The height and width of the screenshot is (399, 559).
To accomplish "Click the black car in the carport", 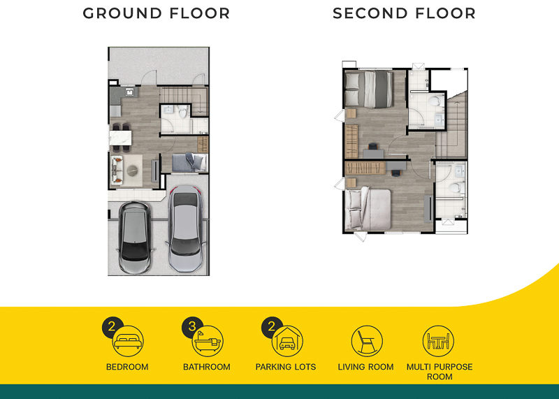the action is click(135, 237).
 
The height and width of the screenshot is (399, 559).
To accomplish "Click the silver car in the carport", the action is click(186, 228).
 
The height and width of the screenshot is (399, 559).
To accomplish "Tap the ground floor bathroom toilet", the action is click(182, 112).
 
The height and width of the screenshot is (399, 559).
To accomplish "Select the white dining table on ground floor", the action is click(120, 138).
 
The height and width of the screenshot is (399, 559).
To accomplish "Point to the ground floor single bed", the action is click(189, 163).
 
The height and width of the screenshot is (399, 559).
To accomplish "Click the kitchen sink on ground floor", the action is click(129, 92).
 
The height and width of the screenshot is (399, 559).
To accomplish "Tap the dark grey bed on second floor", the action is click(369, 89).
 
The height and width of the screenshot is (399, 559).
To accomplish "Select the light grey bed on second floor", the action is click(368, 209).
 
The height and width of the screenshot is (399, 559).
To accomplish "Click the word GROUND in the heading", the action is click(122, 13).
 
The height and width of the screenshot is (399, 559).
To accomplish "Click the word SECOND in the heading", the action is click(370, 13).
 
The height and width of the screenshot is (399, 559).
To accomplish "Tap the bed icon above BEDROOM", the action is click(128, 341).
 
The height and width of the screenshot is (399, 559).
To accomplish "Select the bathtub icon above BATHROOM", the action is click(208, 341).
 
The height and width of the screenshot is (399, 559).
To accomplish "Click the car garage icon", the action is click(287, 341).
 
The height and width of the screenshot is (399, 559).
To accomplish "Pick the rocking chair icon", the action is click(367, 341).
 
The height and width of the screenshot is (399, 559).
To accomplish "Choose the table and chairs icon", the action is click(438, 341).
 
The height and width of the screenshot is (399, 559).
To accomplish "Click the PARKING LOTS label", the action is click(286, 367).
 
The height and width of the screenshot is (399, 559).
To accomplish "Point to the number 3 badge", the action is click(191, 326).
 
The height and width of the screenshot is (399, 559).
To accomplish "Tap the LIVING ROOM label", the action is click(365, 367).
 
